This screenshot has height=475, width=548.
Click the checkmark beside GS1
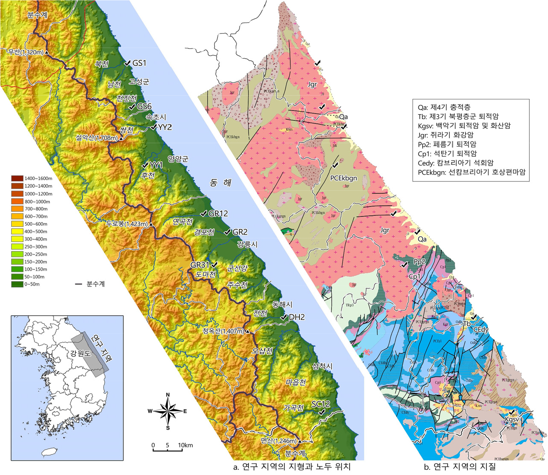[x=127, y=63]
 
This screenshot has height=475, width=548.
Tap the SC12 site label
[x=321, y=404]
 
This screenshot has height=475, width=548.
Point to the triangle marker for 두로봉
[x=151, y=224]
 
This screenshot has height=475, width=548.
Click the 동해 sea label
[x=221, y=183]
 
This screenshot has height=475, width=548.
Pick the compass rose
[x=168, y=411]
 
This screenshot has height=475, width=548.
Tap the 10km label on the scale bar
[x=186, y=445]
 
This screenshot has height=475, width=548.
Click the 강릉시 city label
[x=247, y=245]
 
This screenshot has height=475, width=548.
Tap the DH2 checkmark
[x=283, y=317]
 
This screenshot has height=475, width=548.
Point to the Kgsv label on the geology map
[x=511, y=420]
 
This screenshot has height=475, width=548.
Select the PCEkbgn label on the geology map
[x=344, y=178]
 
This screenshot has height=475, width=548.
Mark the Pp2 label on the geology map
[x=419, y=262]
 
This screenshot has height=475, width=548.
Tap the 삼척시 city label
[x=322, y=366]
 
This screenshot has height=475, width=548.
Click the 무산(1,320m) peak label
[x=25, y=52]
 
